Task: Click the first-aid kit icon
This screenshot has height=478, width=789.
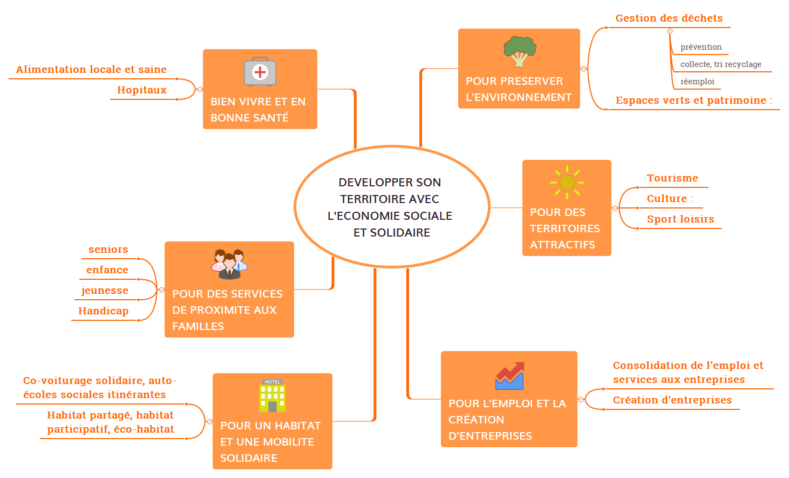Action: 260,71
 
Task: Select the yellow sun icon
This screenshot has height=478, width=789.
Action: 567,182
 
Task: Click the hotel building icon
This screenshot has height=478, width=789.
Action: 273,396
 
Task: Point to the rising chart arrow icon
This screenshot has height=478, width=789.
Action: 509,376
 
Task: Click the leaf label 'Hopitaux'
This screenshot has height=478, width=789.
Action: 142,90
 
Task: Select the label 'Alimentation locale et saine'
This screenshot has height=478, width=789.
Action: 91,70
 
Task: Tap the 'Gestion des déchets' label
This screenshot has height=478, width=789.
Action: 669,18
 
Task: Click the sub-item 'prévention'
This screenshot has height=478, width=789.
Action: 700,47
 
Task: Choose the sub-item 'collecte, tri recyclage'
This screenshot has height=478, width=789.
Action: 720,64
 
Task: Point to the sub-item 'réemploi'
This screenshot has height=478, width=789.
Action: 697,82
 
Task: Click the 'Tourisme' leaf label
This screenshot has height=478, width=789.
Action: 672,178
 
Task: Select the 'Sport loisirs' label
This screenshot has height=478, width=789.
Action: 680,219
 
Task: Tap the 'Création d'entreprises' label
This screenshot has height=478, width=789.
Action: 672,400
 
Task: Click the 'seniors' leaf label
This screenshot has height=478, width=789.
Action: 108,250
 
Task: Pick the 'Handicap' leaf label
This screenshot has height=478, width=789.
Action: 103,311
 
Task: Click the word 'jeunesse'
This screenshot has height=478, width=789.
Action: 105,291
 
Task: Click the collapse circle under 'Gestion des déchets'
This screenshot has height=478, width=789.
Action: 670,31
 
